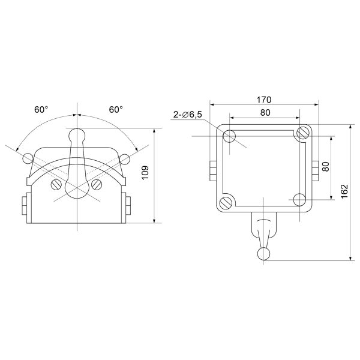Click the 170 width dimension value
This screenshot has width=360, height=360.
[x=264, y=100]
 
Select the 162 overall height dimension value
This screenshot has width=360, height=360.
[x=344, y=191]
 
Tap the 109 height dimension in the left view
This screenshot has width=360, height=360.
[x=145, y=173]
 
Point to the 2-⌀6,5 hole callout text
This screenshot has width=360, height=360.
[x=188, y=114]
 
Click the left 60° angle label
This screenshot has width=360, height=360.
[x=41, y=110]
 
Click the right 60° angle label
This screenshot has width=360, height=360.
[x=116, y=110]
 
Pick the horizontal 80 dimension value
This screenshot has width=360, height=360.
[x=265, y=113]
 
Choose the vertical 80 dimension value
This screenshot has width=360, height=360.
[x=326, y=166]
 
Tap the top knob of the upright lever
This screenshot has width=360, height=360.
[x=77, y=136]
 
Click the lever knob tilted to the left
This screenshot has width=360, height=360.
[x=28, y=158]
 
